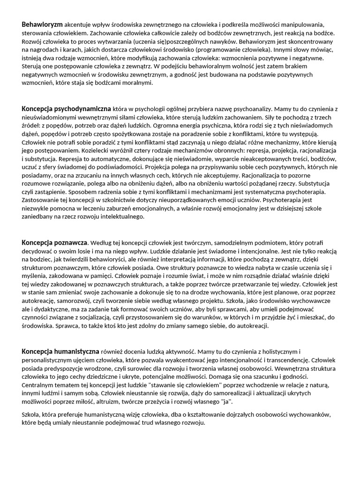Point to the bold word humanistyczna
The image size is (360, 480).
[79, 351]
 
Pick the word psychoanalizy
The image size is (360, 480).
[252, 109]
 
